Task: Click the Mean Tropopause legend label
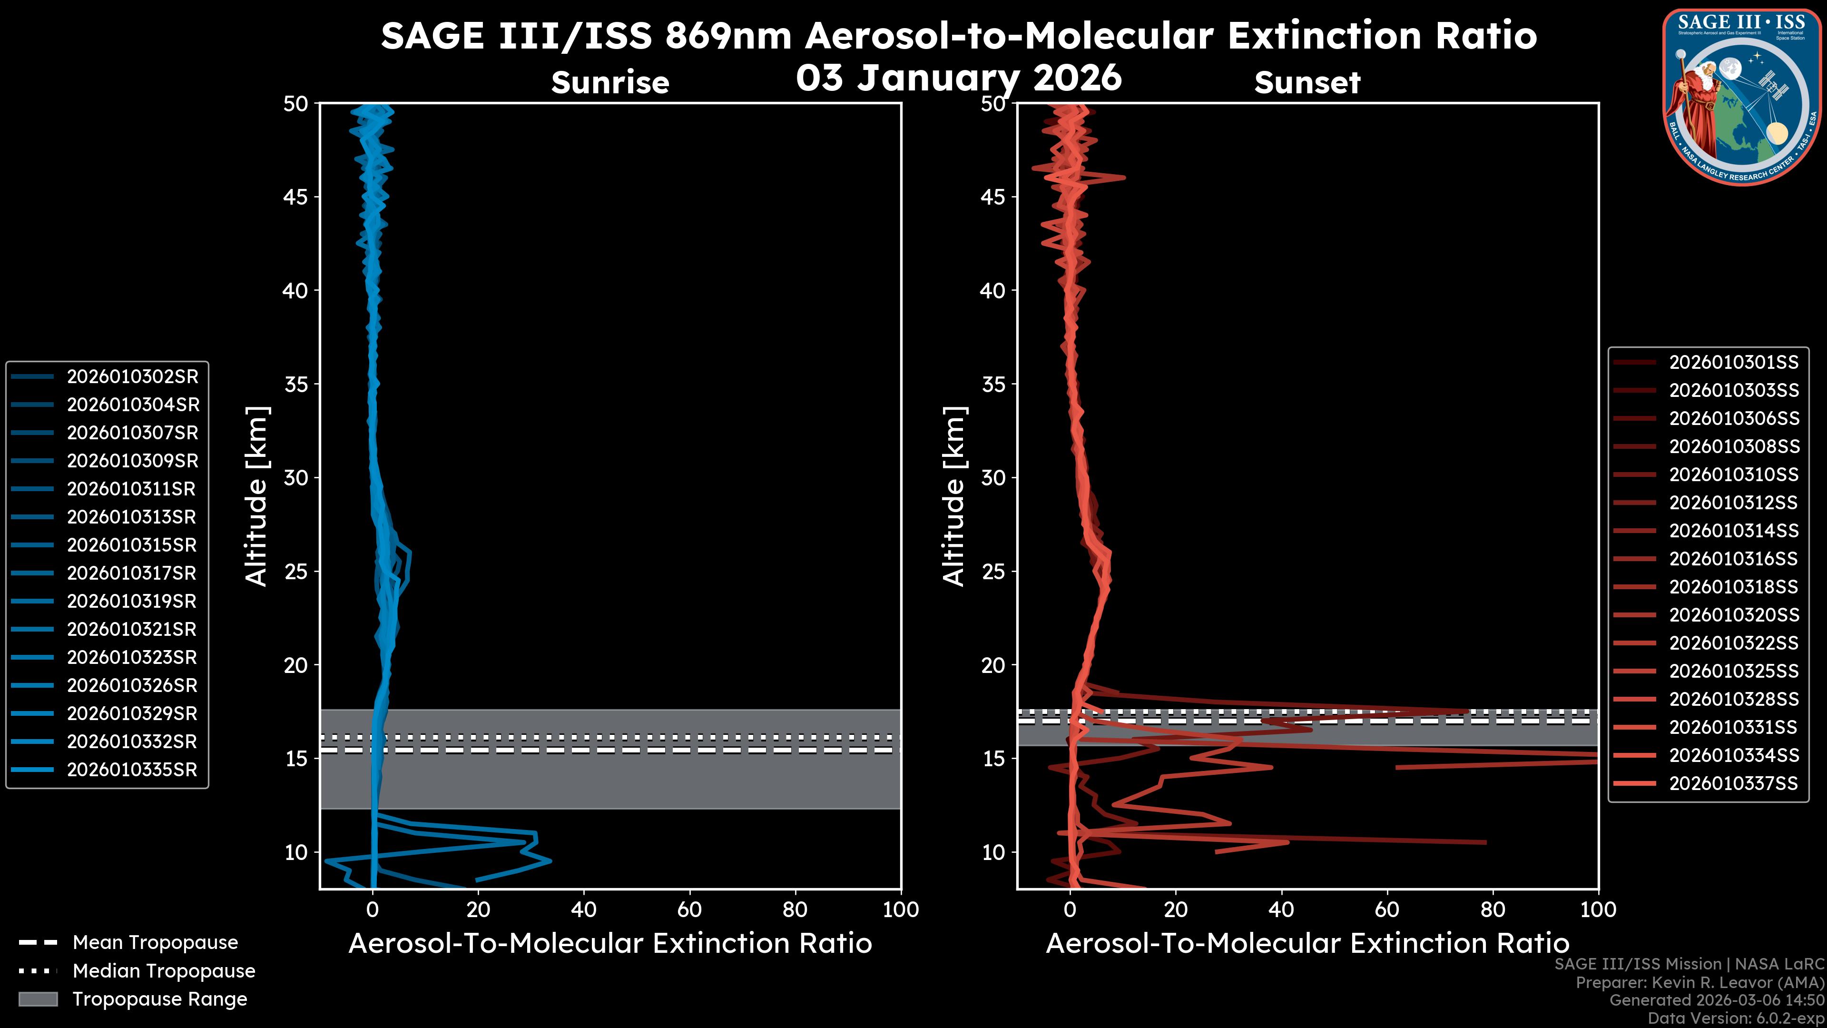tap(155, 943)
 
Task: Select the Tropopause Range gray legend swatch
tap(38, 999)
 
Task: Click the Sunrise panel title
tap(610, 83)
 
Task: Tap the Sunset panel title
tap(1307, 83)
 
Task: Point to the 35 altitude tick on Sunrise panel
tap(296, 385)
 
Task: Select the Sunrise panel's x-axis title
tap(610, 944)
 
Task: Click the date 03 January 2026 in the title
tap(959, 78)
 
